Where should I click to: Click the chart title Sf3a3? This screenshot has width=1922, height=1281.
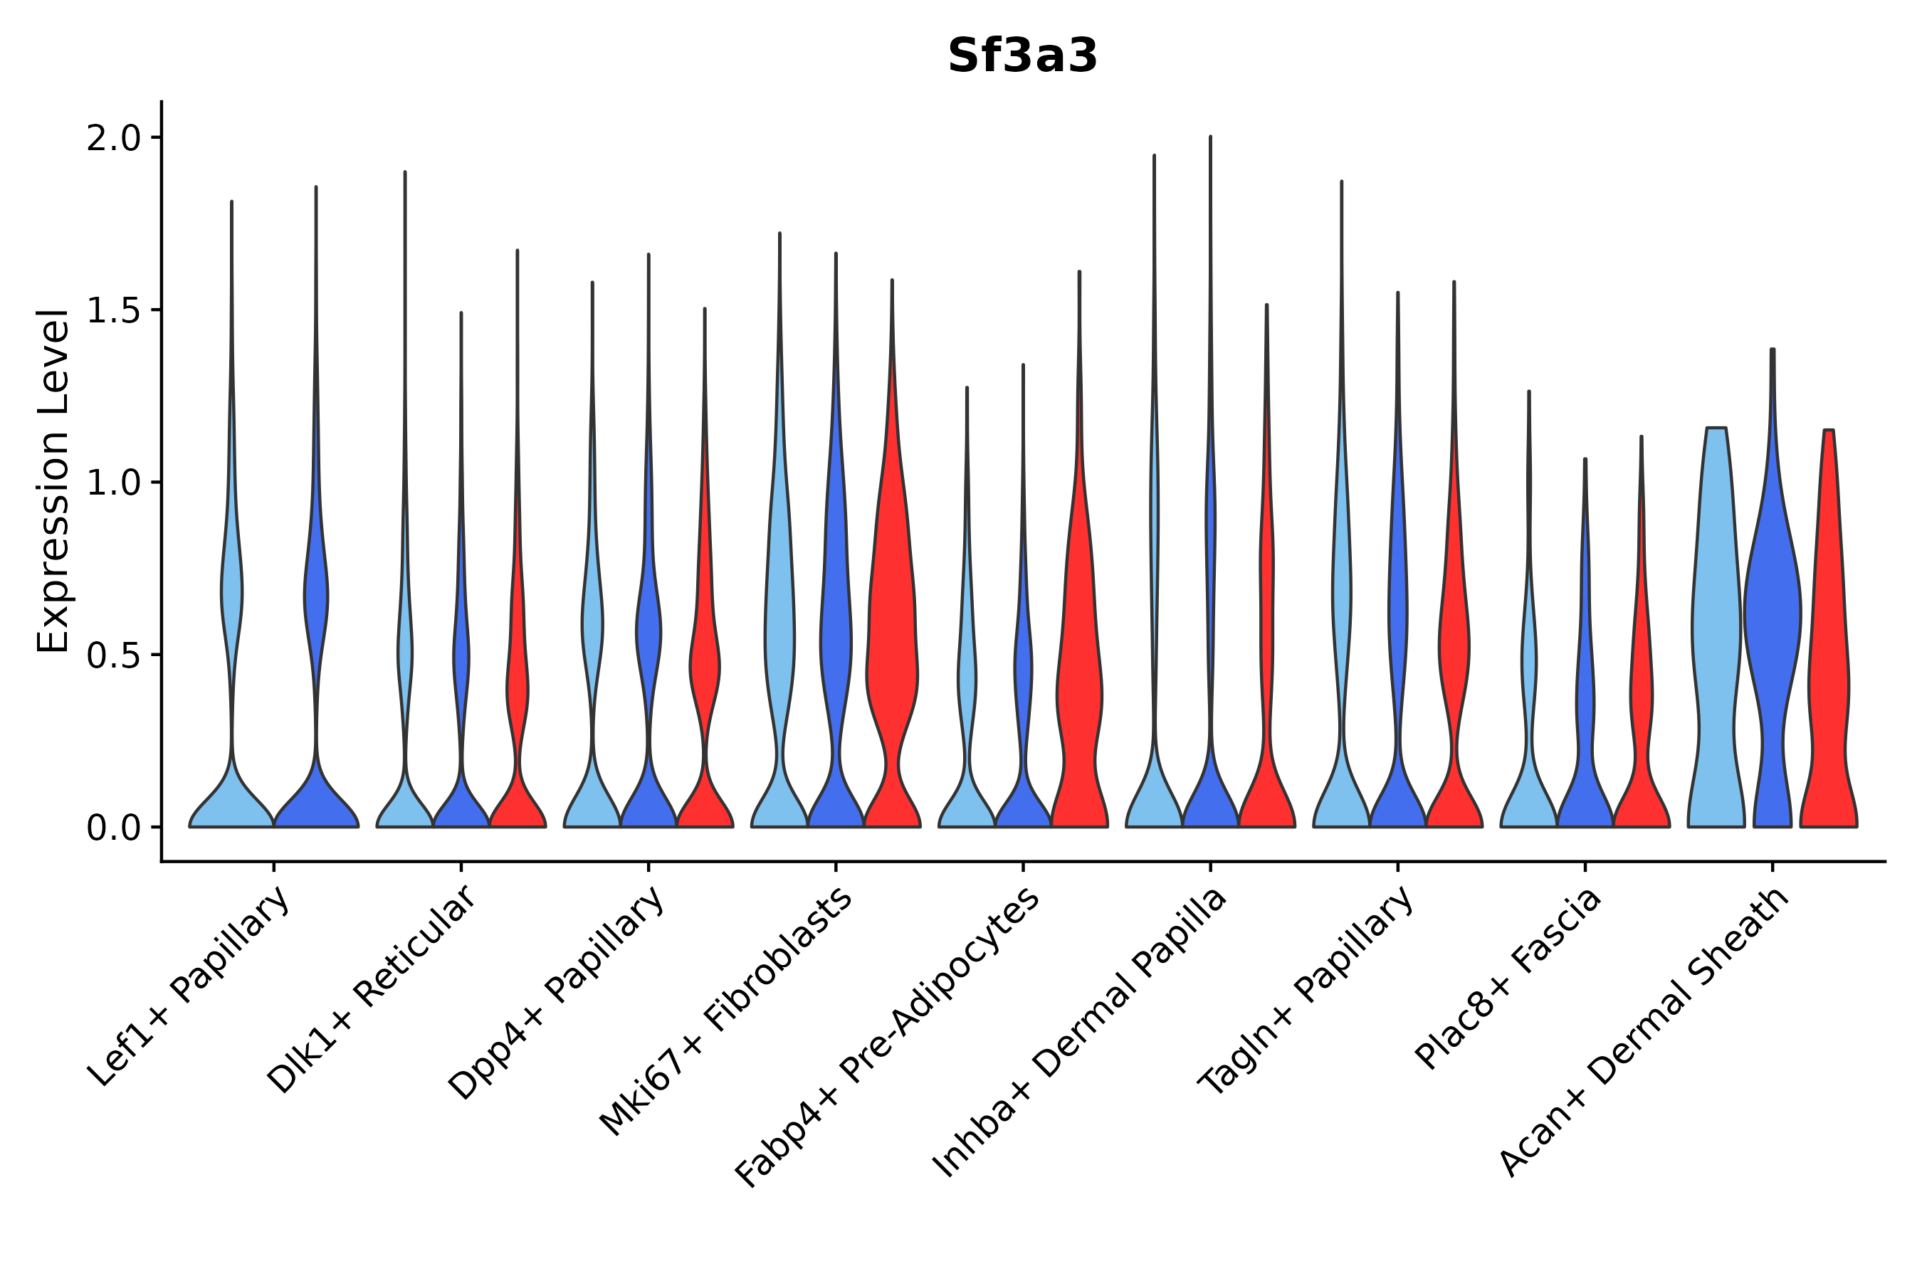coord(1022,56)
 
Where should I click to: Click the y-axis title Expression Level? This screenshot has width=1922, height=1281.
coord(54,480)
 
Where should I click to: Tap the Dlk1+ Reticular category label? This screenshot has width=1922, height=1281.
coord(372,990)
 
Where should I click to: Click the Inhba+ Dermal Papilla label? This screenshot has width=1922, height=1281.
coord(1078,1033)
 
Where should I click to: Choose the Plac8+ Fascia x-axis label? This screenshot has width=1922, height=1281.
coord(1508,979)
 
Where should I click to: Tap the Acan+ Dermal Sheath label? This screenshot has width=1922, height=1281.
coord(1644,1033)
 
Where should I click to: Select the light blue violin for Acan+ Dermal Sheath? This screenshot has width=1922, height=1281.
coord(1716,637)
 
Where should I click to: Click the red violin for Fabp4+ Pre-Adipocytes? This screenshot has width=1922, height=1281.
coord(1079,695)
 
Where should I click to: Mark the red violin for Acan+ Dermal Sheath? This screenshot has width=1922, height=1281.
coord(1829,653)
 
